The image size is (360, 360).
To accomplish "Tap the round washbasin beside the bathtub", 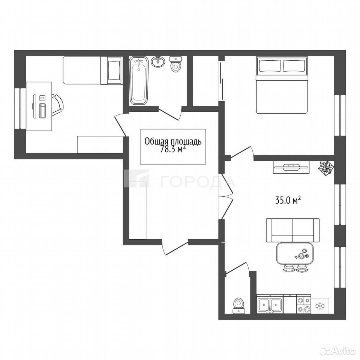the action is [x=158, y=61].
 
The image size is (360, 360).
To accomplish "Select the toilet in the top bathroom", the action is [x=176, y=64].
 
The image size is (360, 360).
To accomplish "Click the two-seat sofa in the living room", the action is [x=293, y=230].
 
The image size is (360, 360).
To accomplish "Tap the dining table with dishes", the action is [x=295, y=253].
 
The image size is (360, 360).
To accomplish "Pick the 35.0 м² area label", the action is [x=288, y=201].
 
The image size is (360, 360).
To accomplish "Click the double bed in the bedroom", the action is [x=282, y=85].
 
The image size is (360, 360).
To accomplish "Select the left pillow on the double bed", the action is [x=270, y=66].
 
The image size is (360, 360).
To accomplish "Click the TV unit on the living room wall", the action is [x=292, y=167].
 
